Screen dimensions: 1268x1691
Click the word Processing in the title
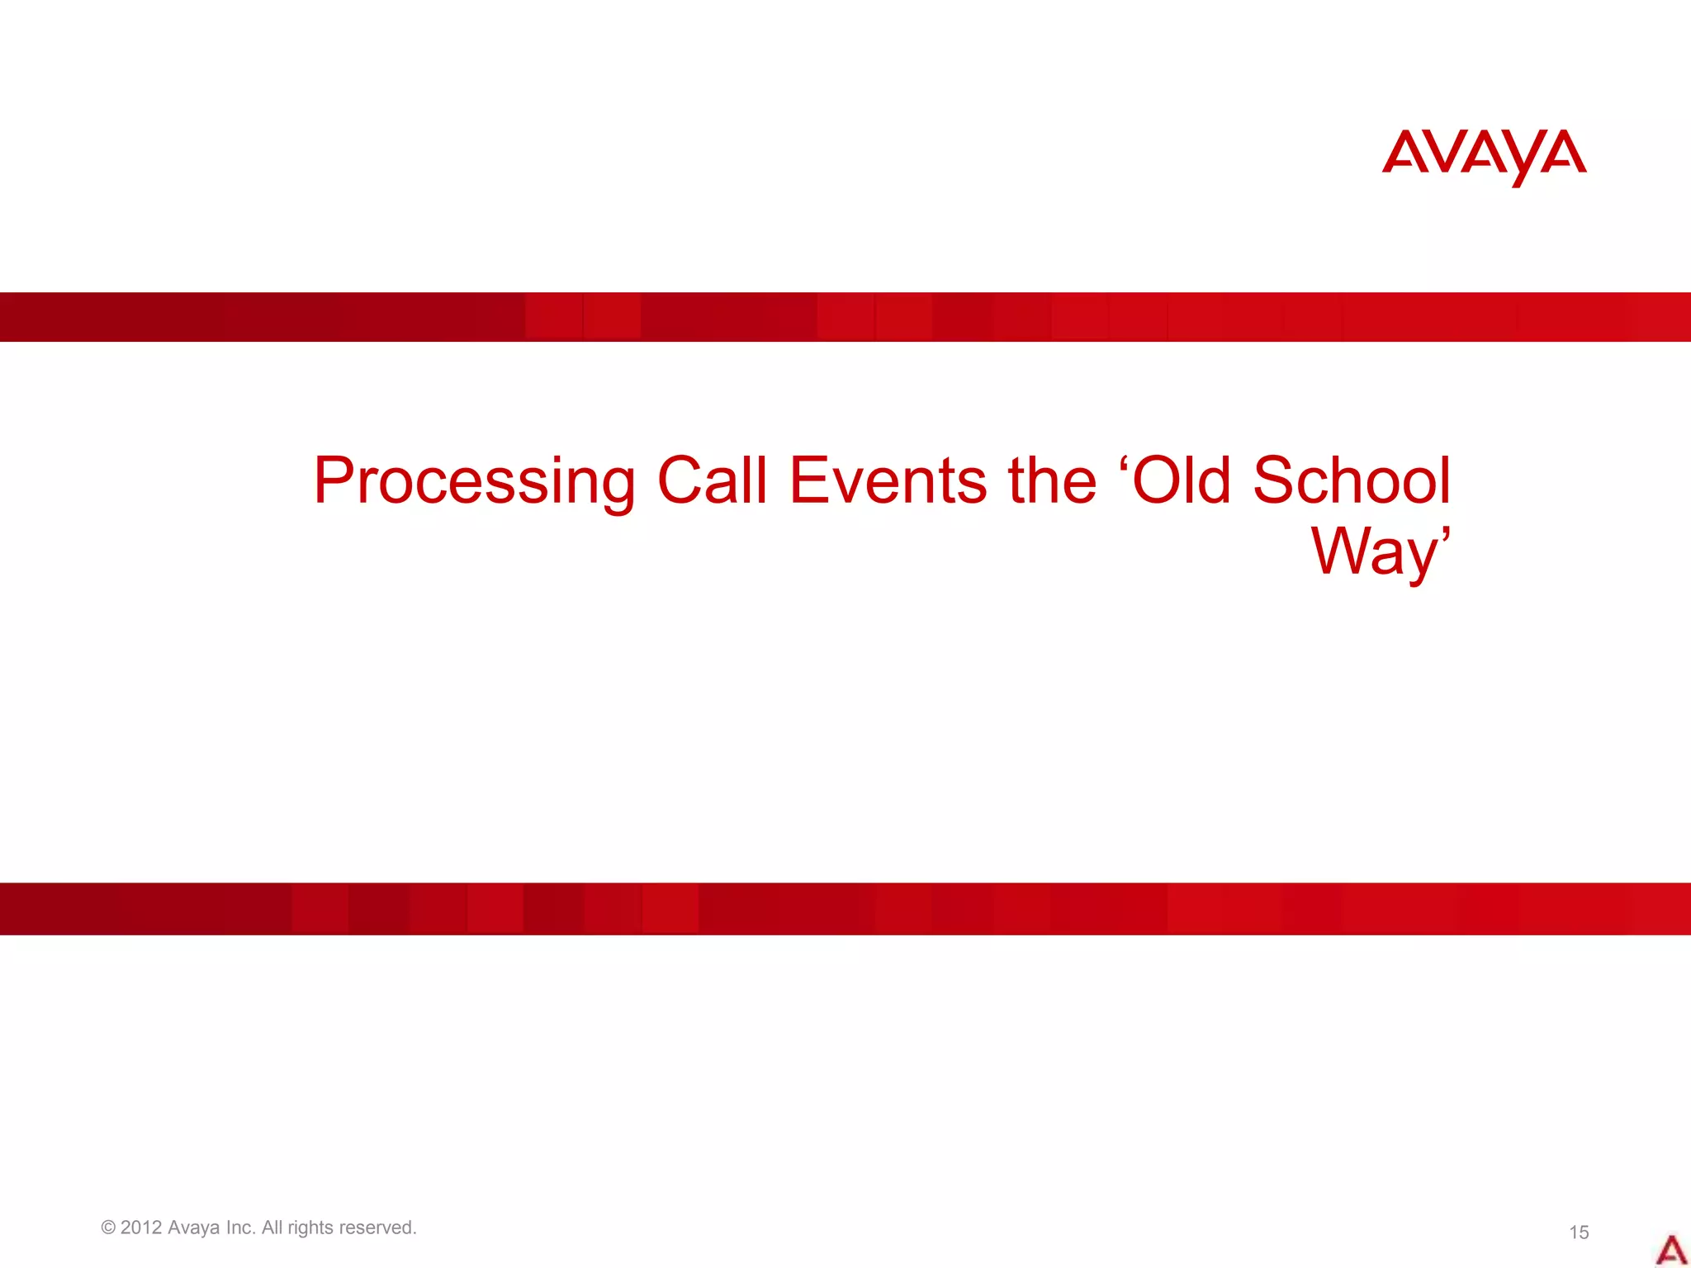coord(474,482)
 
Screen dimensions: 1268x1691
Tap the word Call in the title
coord(712,480)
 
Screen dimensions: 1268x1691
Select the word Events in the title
coord(888,480)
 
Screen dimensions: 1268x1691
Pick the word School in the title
coord(1352,480)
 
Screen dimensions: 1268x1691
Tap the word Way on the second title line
coord(1374,552)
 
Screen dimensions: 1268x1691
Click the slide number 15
coord(1579,1233)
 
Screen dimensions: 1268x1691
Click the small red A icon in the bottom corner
coord(1670,1250)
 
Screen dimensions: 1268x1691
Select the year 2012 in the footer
coord(141,1228)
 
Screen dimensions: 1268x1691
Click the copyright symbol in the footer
coord(108,1228)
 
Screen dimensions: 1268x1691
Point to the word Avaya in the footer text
coord(194,1228)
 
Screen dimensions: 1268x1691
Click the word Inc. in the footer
coord(241,1228)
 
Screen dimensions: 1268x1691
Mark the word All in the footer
coord(272,1228)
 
